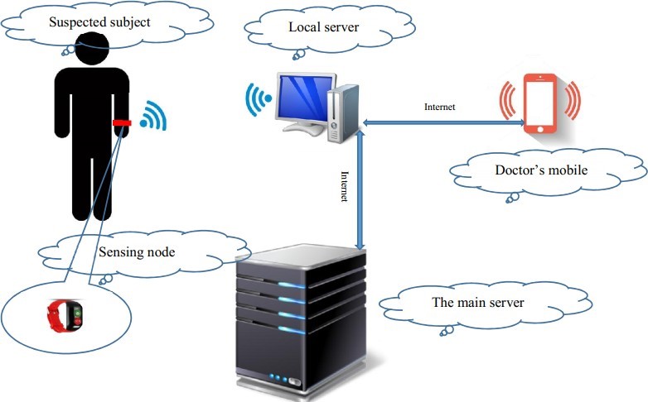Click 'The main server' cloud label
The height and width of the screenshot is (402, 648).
pyautogui.click(x=478, y=302)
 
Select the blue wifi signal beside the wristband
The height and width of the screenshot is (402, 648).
pyautogui.click(x=151, y=117)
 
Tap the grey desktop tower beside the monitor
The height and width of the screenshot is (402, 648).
pyautogui.click(x=337, y=113)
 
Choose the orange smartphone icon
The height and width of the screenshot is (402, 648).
pyautogui.click(x=539, y=103)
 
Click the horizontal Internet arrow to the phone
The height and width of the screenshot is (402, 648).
pyautogui.click(x=443, y=123)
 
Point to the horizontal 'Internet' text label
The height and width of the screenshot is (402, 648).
pyautogui.click(x=439, y=108)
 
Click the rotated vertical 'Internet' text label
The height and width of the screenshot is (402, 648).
pyautogui.click(x=345, y=187)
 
